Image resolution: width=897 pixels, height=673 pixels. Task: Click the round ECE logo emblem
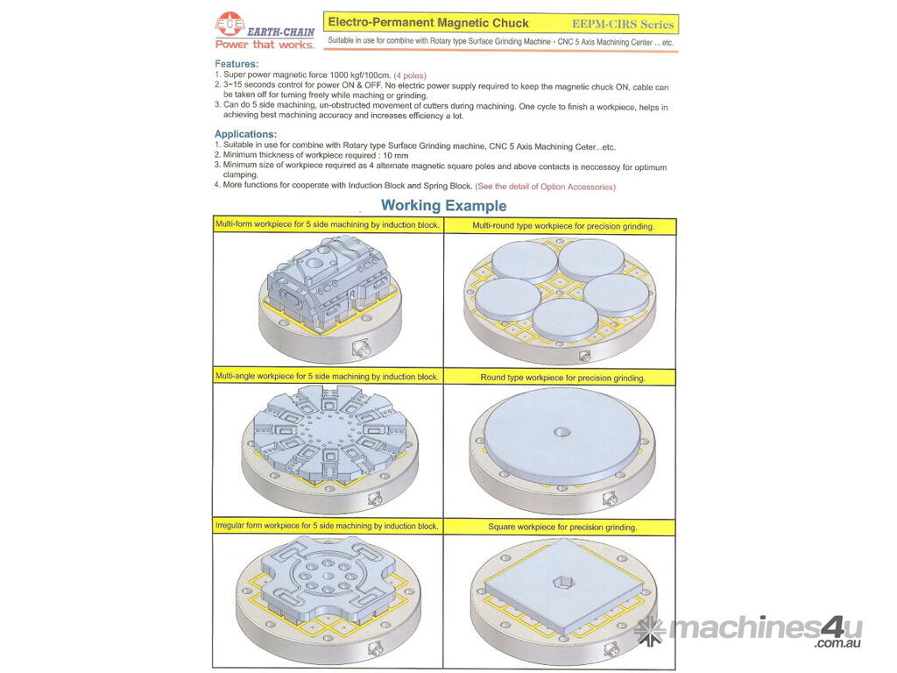coord(230,24)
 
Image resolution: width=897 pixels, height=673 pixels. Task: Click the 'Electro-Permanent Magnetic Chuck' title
coord(427,23)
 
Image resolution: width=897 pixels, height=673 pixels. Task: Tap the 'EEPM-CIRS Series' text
coord(623,25)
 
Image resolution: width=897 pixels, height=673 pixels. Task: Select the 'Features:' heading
coord(237,63)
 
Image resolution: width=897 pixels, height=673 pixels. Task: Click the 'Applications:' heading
coord(245,134)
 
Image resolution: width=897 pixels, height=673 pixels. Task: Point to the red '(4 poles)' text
coord(410,75)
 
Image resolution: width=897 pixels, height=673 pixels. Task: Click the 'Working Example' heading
coord(443,205)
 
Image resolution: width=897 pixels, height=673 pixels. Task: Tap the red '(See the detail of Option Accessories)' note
coord(545,187)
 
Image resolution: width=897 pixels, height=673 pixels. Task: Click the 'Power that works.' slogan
coord(265,45)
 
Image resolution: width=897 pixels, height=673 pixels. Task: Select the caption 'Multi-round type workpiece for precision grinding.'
coord(563,226)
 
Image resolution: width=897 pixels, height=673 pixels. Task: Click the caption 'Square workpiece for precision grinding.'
coord(562,527)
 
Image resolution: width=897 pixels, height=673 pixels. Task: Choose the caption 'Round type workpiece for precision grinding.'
coord(563,378)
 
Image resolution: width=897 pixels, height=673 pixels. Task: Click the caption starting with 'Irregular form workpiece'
coord(327,526)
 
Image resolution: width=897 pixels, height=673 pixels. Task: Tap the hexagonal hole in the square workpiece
coord(561,584)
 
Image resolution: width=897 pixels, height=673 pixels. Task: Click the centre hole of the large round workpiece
coord(561,432)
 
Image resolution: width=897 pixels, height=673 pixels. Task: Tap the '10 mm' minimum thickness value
coord(396,156)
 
